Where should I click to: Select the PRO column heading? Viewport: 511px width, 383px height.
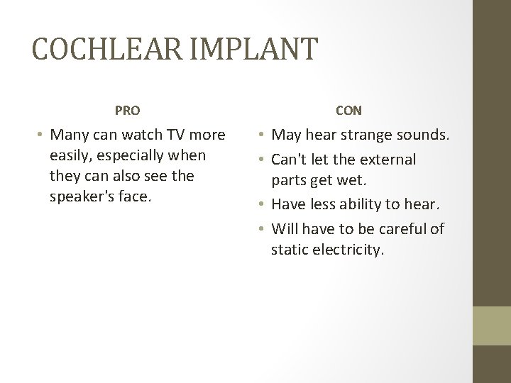tap(128, 111)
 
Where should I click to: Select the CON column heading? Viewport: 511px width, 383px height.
tap(348, 111)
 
